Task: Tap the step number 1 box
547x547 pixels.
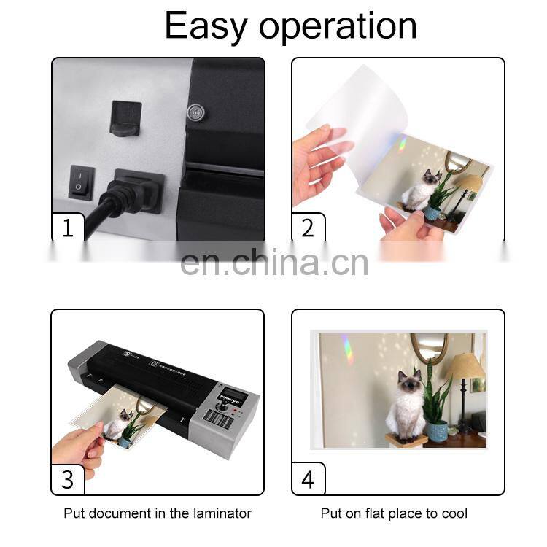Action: (x=68, y=228)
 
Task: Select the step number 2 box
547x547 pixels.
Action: (x=308, y=228)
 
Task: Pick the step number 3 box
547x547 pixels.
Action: (x=68, y=478)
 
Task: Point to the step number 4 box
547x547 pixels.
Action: (x=308, y=478)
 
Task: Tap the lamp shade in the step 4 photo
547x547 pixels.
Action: (x=465, y=365)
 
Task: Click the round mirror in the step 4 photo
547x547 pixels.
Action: (x=429, y=347)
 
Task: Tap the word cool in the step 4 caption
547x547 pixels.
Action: (x=453, y=513)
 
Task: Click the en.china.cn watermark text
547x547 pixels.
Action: (x=273, y=263)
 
